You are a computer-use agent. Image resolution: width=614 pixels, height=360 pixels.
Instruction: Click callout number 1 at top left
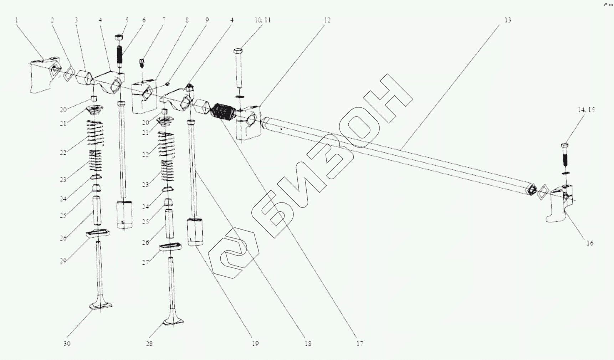pyautogui.click(x=16, y=20)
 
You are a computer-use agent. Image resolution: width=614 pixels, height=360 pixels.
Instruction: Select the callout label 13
pyautogui.click(x=507, y=20)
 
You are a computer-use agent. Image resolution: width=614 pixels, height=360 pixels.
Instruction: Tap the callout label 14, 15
pyautogui.click(x=586, y=110)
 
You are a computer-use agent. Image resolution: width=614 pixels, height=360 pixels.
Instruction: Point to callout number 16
pyautogui.click(x=590, y=243)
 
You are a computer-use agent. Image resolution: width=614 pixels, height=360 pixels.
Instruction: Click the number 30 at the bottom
pyautogui.click(x=67, y=344)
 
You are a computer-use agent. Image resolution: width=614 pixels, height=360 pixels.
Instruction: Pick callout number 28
pyautogui.click(x=149, y=344)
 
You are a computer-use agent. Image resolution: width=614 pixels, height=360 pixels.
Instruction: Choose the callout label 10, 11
pyautogui.click(x=263, y=20)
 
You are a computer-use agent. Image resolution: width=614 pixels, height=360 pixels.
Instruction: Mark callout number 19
pyautogui.click(x=255, y=344)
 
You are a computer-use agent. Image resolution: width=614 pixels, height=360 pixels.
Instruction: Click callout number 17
pyautogui.click(x=359, y=344)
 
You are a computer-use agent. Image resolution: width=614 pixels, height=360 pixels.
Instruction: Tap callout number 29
pyautogui.click(x=63, y=261)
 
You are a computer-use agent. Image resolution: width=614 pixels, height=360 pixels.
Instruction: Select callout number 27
pyautogui.click(x=145, y=263)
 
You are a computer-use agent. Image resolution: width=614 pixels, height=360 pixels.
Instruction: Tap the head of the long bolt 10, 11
pyautogui.click(x=239, y=51)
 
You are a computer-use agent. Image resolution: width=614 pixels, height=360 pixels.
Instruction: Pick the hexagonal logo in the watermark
pyautogui.click(x=234, y=253)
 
